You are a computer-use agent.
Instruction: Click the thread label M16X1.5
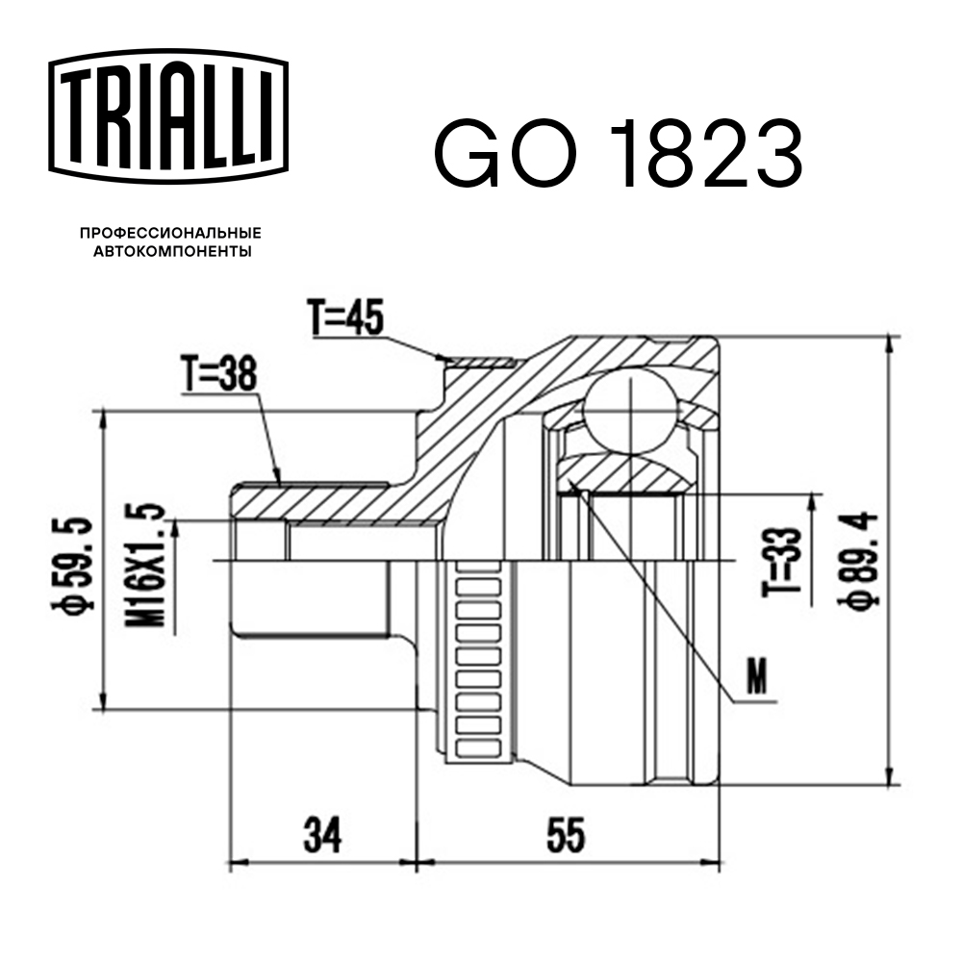click(143, 567)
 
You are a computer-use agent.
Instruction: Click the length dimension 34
click(322, 836)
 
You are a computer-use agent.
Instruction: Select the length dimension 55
click(565, 836)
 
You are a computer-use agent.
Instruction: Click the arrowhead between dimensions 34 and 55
click(416, 860)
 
